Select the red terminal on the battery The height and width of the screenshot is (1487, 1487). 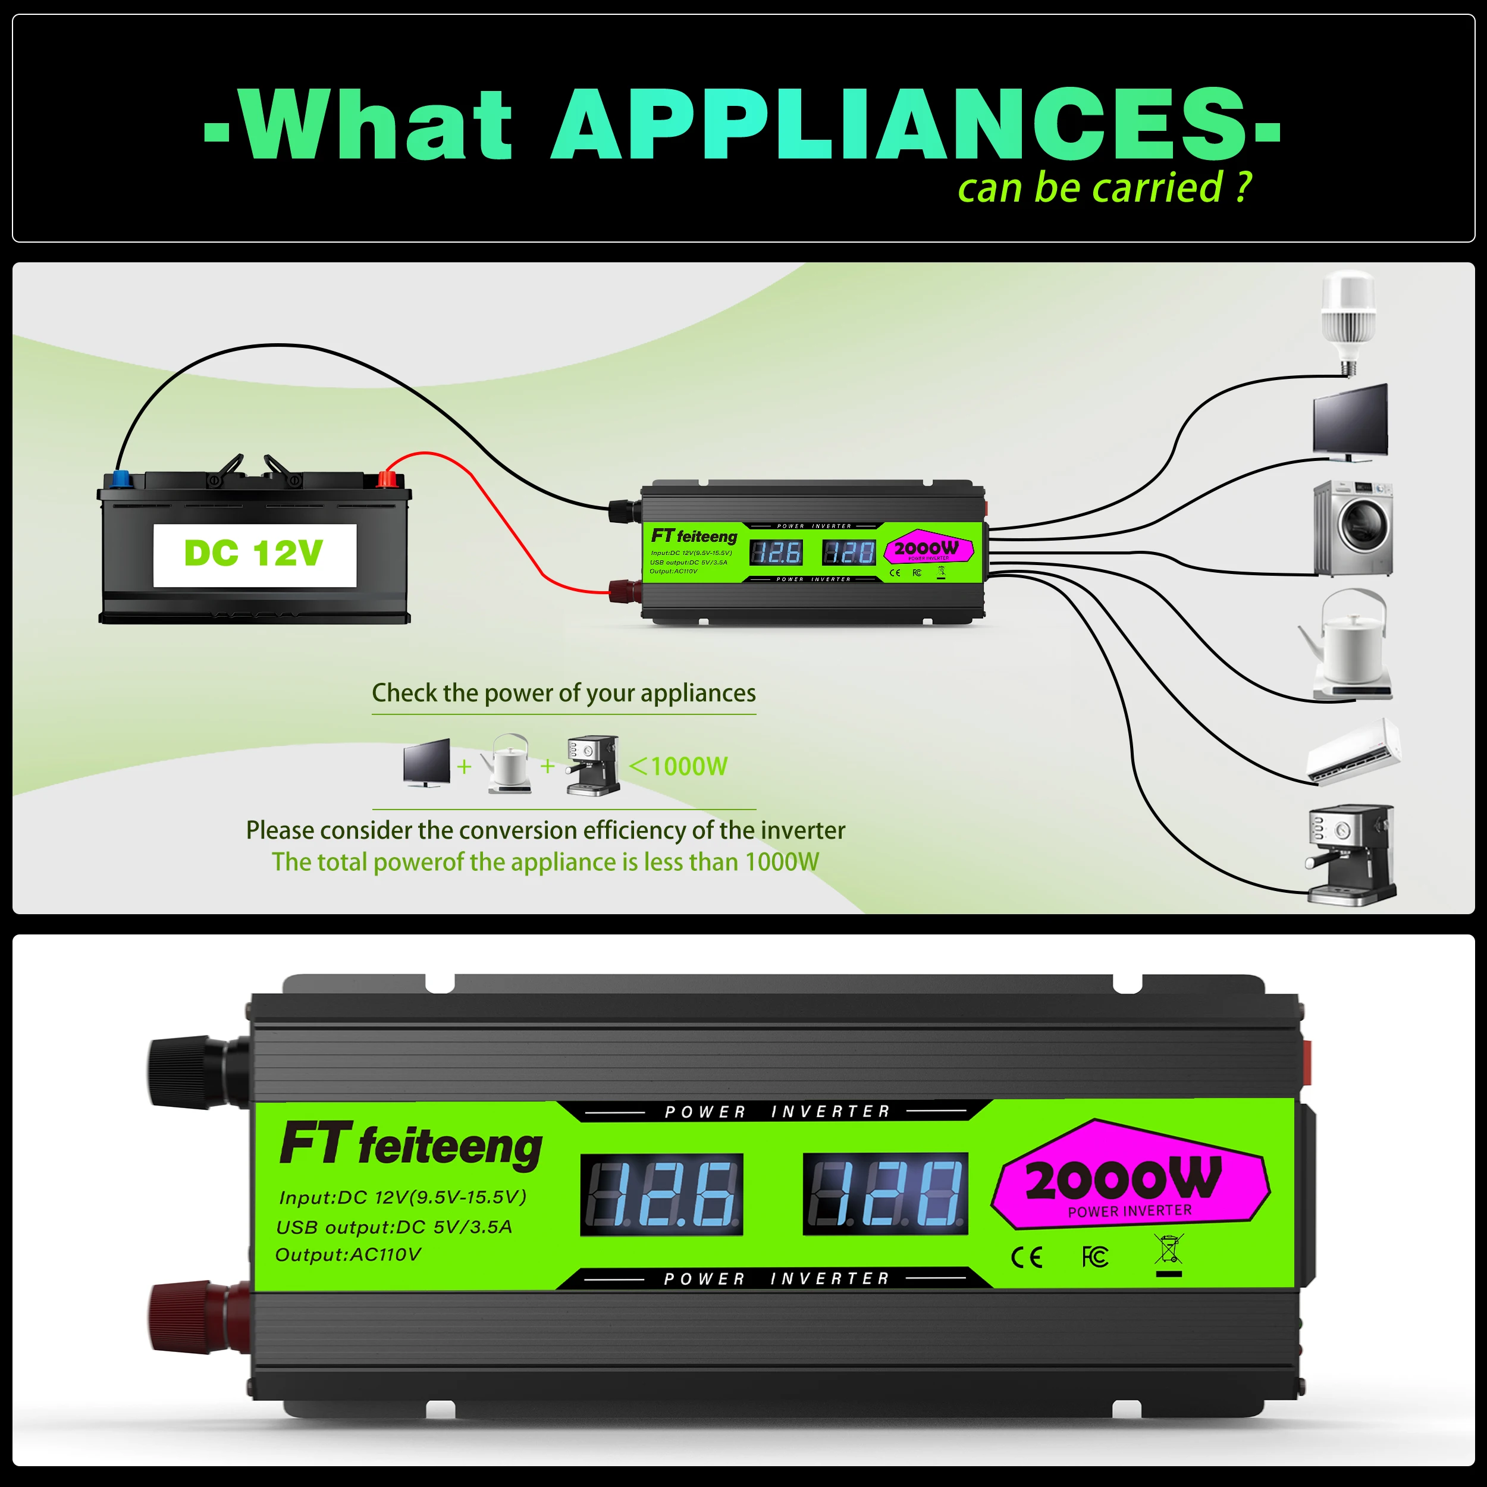point(385,479)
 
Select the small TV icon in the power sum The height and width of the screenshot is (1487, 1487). point(426,763)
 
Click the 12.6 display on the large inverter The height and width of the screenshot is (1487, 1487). point(661,1194)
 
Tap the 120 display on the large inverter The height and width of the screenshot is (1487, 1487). point(885,1194)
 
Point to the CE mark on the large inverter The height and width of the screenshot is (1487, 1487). point(1026,1257)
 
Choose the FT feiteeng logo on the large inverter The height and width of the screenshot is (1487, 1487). point(411,1145)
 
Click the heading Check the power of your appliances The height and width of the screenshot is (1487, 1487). point(563,693)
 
